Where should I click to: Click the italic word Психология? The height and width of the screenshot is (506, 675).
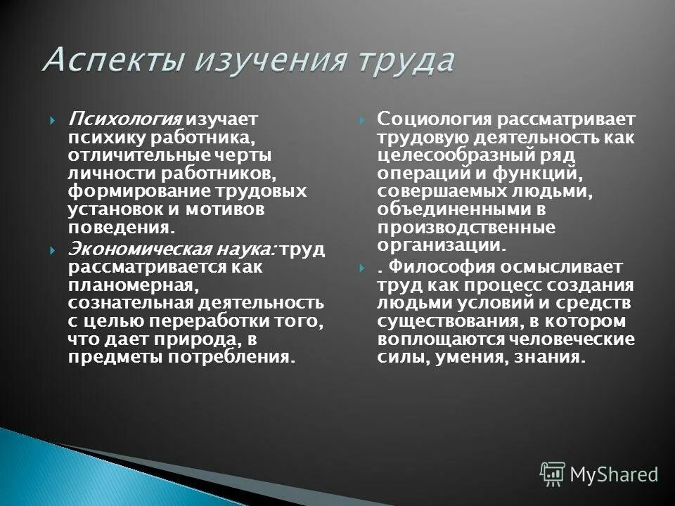pos(124,118)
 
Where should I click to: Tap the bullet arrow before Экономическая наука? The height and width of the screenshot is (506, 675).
pos(54,251)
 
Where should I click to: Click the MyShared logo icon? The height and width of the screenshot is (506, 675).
pos(553,474)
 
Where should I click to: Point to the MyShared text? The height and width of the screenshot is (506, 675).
pos(614,475)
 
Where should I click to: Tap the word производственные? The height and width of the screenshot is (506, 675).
pos(466,228)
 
